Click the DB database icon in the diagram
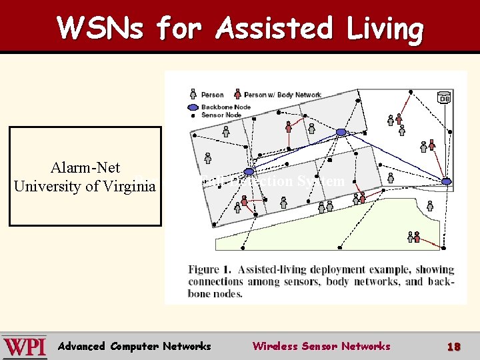tap(444, 98)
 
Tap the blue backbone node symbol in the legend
tap(193, 107)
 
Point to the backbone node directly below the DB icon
tap(447, 181)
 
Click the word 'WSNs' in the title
tap(101, 29)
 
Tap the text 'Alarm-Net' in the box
tap(85, 167)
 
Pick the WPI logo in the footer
tap(24, 347)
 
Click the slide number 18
tap(453, 347)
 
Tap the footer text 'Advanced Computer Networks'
tap(134, 346)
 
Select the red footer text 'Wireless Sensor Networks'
tap(321, 346)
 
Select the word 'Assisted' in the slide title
tap(266, 29)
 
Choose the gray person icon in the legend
tap(193, 95)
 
